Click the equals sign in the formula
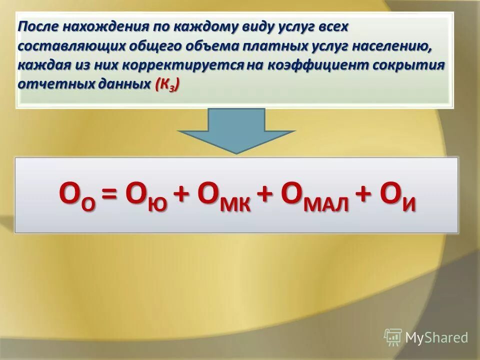[113, 194]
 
